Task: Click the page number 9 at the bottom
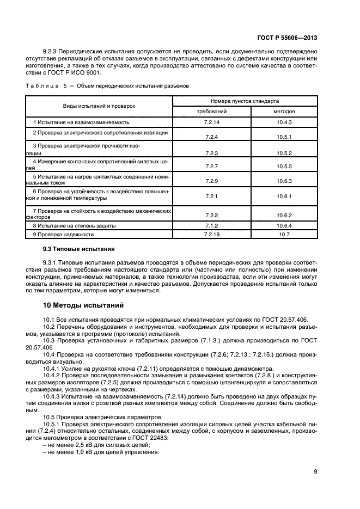[316, 472]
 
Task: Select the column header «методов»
[284, 111]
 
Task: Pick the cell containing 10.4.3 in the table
[284, 122]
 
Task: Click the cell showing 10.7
[284, 234]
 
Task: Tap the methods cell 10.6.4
[284, 225]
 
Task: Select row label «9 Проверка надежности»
[63, 234]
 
